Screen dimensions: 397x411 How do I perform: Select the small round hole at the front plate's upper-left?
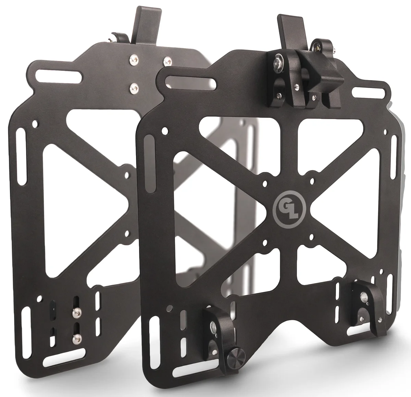(166, 131)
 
